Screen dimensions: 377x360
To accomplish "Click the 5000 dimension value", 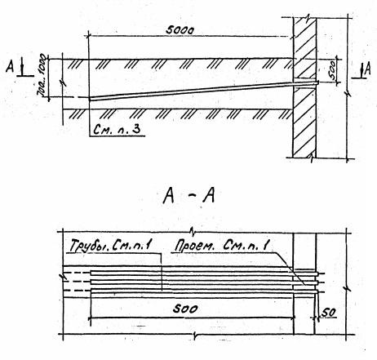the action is click(180, 30).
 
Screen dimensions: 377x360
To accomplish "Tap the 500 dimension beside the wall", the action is click(333, 70).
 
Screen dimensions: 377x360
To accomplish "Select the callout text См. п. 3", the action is click(117, 130).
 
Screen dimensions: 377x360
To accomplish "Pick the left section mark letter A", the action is click(10, 66).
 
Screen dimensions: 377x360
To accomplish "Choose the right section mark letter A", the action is click(367, 69).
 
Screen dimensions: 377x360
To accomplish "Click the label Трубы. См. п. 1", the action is click(110, 246).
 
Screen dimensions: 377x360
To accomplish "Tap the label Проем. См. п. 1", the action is click(222, 246).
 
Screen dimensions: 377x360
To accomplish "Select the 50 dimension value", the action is click(329, 313).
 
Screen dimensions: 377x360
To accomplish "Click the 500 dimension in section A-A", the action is click(185, 309).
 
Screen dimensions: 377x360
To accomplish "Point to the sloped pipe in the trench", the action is click(203, 91).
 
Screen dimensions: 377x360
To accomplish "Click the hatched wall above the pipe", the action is click(304, 49).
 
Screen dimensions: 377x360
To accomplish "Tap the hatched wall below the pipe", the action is click(304, 122).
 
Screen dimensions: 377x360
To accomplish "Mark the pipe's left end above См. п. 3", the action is click(91, 99).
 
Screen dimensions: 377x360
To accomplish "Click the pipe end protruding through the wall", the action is click(317, 82).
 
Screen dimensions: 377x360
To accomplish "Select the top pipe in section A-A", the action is click(204, 273).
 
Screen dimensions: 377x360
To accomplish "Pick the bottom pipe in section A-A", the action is click(204, 291).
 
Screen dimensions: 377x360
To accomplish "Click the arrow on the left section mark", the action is click(22, 68).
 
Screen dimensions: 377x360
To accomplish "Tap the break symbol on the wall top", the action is click(307, 18).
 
